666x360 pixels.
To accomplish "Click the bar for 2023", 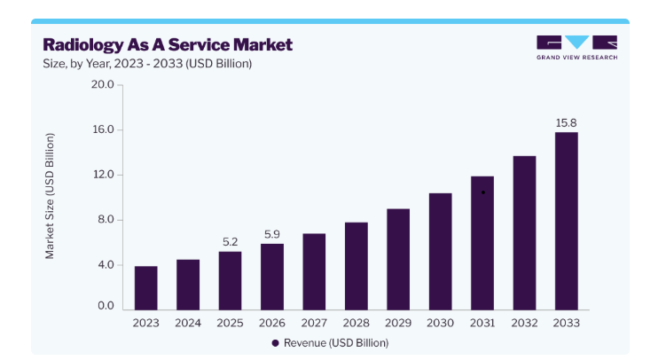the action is (145, 288).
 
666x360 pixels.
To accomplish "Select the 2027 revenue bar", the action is (314, 271).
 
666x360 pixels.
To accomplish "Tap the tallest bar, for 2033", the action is (566, 221).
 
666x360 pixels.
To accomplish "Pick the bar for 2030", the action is (440, 251).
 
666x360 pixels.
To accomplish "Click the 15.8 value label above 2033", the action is (566, 123).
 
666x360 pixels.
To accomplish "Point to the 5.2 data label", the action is (230, 242).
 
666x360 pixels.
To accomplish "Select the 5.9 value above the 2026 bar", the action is (272, 234).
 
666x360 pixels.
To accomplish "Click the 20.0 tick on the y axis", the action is (103, 84).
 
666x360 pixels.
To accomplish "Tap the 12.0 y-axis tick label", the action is (103, 175).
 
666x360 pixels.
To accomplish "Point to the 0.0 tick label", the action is (106, 306).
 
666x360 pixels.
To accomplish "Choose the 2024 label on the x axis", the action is (188, 323).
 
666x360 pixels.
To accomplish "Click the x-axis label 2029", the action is (398, 323).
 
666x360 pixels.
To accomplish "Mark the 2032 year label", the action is (524, 323).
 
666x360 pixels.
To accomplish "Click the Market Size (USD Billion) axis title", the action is (50, 196).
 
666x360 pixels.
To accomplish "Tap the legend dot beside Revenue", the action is (275, 343).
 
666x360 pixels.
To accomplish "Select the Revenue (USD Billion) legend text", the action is (336, 343).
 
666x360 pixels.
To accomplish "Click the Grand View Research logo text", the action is (576, 58).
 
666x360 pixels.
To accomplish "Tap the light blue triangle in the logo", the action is (576, 41).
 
